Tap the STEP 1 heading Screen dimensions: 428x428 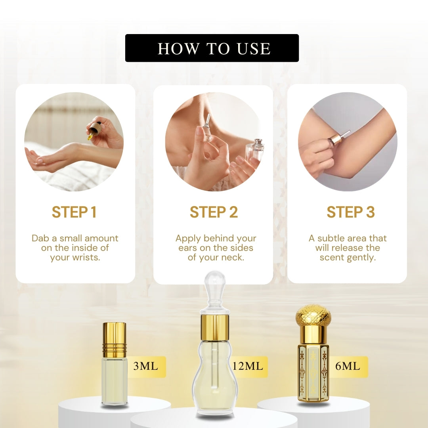[x=74, y=212]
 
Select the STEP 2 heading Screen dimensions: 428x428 [x=214, y=212]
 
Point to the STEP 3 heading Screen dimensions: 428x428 [x=350, y=212]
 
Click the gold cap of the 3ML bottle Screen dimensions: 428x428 [x=114, y=334]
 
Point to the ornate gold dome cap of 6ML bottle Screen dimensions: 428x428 [x=313, y=315]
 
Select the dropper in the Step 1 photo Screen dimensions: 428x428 [x=94, y=130]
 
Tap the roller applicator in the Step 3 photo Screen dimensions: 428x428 [x=340, y=137]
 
